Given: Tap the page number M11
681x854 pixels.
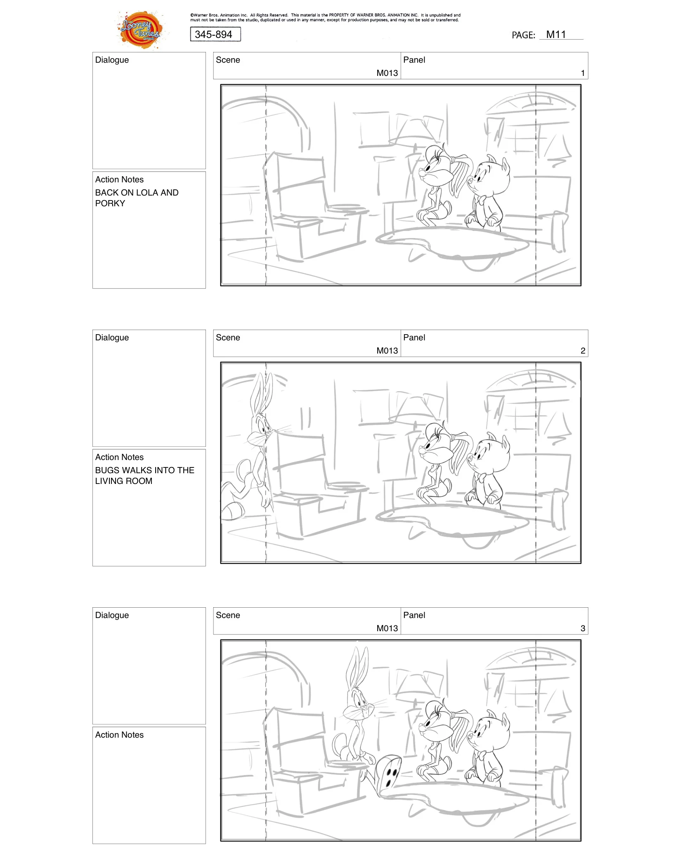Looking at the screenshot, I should coord(556,35).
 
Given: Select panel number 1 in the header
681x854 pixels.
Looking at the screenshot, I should coord(582,73).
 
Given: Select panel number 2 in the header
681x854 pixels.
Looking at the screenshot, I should coord(582,351).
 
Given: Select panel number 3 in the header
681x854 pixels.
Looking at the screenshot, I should coord(582,628).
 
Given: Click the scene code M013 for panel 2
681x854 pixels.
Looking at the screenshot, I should coord(387,351).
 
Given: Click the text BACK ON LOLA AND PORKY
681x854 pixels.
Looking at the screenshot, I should coord(136,198).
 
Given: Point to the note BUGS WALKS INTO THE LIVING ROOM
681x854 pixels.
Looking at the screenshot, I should coord(144,475).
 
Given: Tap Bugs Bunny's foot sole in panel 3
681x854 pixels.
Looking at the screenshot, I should coord(390,771).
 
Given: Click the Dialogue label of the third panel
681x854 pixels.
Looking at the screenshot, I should coord(112,615).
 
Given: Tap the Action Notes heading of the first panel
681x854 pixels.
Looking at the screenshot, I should coord(119,179).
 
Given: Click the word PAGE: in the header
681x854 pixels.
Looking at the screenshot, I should coord(523,35).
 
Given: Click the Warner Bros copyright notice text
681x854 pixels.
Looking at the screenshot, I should coord(325,17).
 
